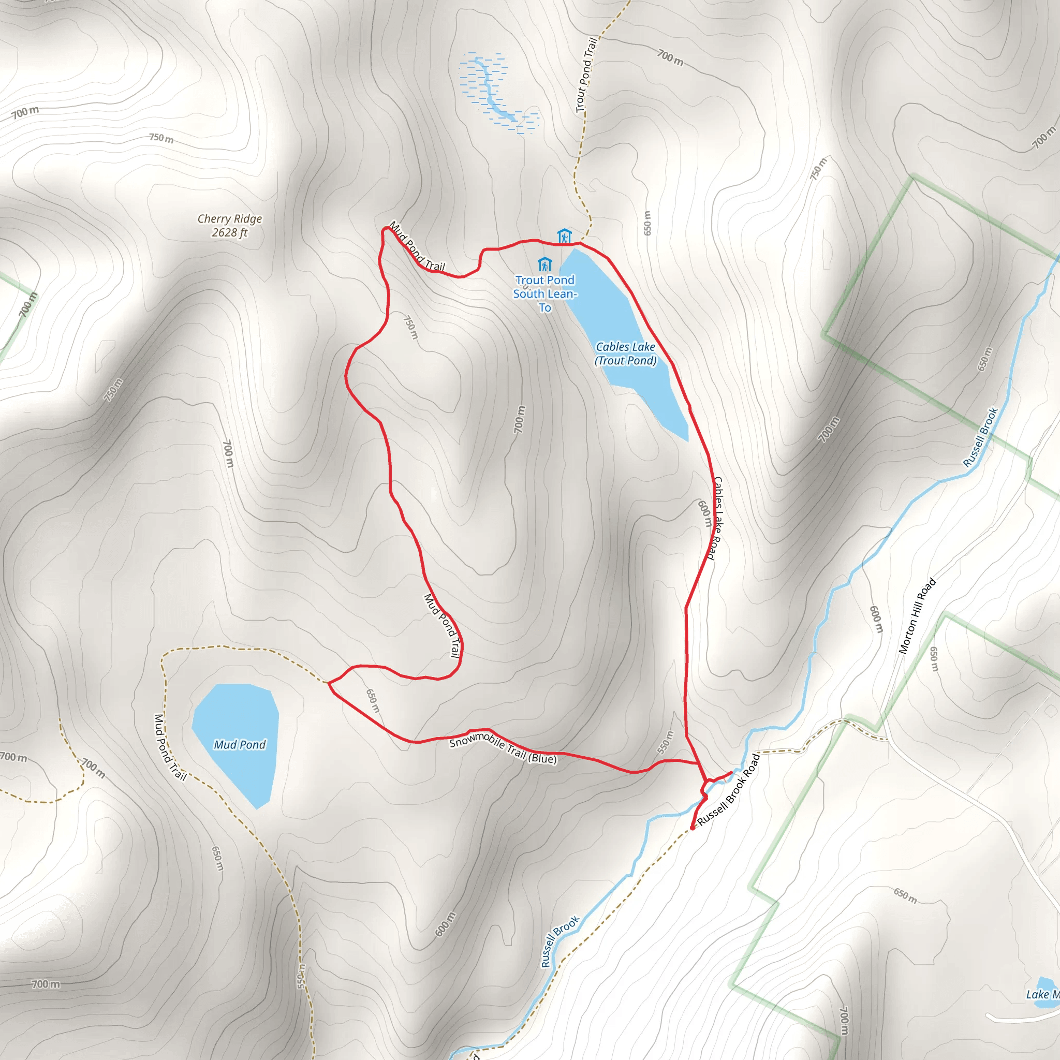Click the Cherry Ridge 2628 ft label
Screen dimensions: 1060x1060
coord(229,226)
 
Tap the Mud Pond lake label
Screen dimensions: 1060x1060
coord(239,744)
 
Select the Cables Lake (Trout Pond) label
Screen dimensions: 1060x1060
coord(625,354)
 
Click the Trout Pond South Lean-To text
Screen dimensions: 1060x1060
coord(544,293)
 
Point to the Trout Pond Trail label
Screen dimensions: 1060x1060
coord(586,75)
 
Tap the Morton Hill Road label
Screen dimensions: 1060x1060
coord(917,615)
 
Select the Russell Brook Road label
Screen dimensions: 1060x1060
coord(729,789)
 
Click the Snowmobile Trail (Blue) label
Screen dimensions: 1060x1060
coord(503,748)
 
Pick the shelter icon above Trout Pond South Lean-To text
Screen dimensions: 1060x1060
coord(544,264)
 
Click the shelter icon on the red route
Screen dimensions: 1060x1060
coord(564,237)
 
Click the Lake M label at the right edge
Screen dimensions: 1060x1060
coord(1042,994)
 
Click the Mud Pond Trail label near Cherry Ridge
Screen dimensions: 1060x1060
coord(417,246)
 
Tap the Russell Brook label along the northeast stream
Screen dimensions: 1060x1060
coord(980,437)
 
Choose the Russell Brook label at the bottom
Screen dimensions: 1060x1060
coord(560,941)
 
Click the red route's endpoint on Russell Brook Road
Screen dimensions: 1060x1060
coord(693,828)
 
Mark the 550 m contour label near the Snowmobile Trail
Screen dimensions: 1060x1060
coord(665,742)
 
